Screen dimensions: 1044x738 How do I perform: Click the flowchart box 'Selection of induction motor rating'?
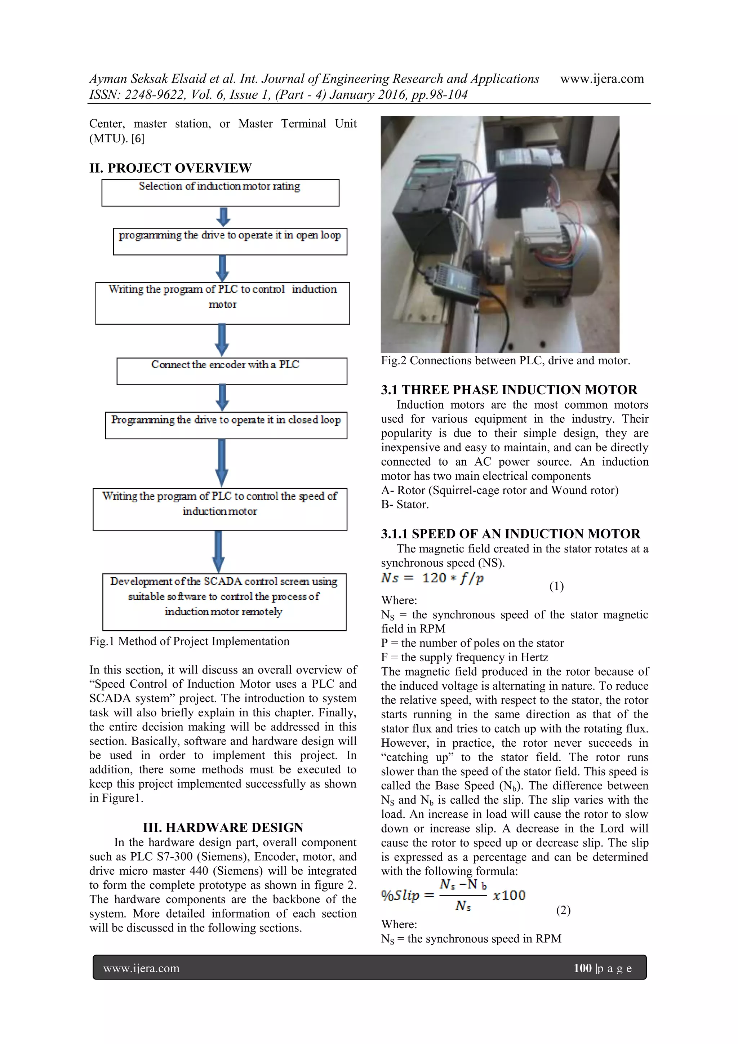pos(220,192)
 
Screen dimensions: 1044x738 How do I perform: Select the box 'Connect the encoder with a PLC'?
pos(231,371)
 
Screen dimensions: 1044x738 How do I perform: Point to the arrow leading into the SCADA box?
pos(219,552)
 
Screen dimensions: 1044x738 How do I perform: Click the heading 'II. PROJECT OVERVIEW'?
pos(170,168)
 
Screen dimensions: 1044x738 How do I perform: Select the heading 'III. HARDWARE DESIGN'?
pos(223,827)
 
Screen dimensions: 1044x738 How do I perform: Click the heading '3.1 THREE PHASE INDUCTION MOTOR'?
pos(509,390)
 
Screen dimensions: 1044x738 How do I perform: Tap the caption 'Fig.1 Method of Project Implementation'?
pos(189,641)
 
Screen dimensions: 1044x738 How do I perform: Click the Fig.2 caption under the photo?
pos(505,361)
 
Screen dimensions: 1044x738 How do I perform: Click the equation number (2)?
pos(563,910)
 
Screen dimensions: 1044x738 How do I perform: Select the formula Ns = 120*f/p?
pos(432,578)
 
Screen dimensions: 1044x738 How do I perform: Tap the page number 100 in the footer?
pos(582,968)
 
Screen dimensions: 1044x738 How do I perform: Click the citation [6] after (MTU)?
pos(138,138)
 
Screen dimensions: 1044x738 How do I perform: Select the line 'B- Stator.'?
pos(405,504)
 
